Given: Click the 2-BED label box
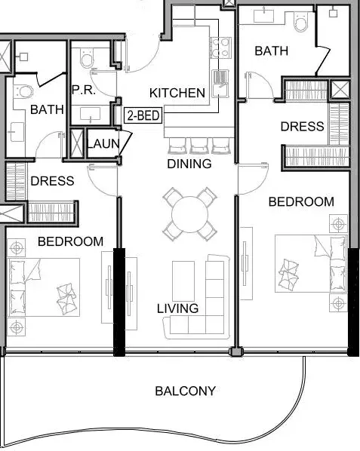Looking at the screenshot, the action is coord(143,115).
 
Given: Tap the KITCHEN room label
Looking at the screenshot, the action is coord(177,93).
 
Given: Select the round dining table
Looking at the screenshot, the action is coord(189,214).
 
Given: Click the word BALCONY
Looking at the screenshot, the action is coord(186,391).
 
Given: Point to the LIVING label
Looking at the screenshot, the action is coord(178,308).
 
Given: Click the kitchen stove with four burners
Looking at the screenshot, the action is coord(220,48).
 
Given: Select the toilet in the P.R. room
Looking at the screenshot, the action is coord(88,57).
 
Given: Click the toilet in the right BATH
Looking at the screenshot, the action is coord(301,23).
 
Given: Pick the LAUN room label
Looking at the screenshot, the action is coord(103,143).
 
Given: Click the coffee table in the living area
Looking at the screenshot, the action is coord(183,281).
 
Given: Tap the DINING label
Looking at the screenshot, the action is coord(189,164).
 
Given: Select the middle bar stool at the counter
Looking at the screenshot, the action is coord(198,146).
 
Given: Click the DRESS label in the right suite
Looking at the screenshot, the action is coord(302,126).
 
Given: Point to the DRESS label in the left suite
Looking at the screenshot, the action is coord(52,181).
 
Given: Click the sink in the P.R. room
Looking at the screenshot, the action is coord(91,114).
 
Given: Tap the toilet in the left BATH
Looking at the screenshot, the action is coord(24,91).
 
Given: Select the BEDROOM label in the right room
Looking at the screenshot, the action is coord(301,201).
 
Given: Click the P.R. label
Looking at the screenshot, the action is coord(83,90).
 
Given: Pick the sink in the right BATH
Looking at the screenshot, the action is coord(264,16).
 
